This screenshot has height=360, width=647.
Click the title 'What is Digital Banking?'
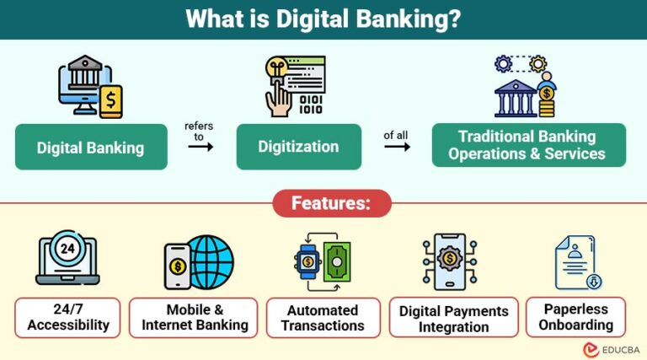323,19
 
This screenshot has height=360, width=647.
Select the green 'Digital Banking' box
91,148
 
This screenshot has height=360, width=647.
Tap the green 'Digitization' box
298,147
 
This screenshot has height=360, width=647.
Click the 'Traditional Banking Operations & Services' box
527,145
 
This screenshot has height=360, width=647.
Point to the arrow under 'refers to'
200,146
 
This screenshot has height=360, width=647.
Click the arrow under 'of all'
397,147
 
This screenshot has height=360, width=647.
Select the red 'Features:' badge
331,203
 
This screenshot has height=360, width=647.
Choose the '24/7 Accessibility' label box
67,318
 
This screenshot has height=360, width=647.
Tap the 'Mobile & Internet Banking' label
194,318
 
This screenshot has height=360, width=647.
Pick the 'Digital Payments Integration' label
454,319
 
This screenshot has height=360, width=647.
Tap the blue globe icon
211,262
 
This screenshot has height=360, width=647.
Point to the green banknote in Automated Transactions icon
337,262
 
